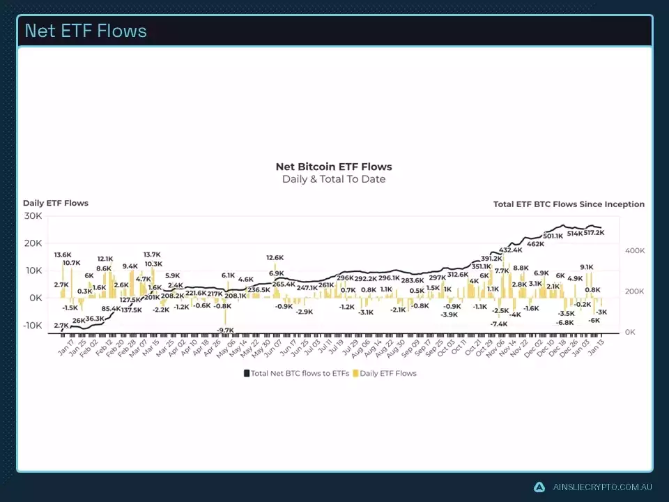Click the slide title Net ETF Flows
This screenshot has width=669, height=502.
coord(86,31)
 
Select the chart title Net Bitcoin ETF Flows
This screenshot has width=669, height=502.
coord(334,167)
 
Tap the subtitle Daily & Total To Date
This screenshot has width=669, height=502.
coord(334,179)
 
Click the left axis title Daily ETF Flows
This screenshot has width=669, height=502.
coord(56,203)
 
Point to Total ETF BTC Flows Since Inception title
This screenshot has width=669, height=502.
coord(569,204)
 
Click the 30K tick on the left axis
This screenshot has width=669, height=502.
coord(33,216)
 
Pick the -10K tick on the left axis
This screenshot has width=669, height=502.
coord(31,326)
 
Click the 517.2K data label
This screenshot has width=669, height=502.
coord(594,231)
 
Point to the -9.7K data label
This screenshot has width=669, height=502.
coord(224,330)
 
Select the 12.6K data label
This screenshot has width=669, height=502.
coord(275,258)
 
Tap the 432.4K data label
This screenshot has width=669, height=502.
coord(511,250)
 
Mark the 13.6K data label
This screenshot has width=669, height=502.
coord(63,255)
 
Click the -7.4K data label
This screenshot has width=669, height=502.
coord(498,324)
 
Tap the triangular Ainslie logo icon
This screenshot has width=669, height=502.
coord(539,487)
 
